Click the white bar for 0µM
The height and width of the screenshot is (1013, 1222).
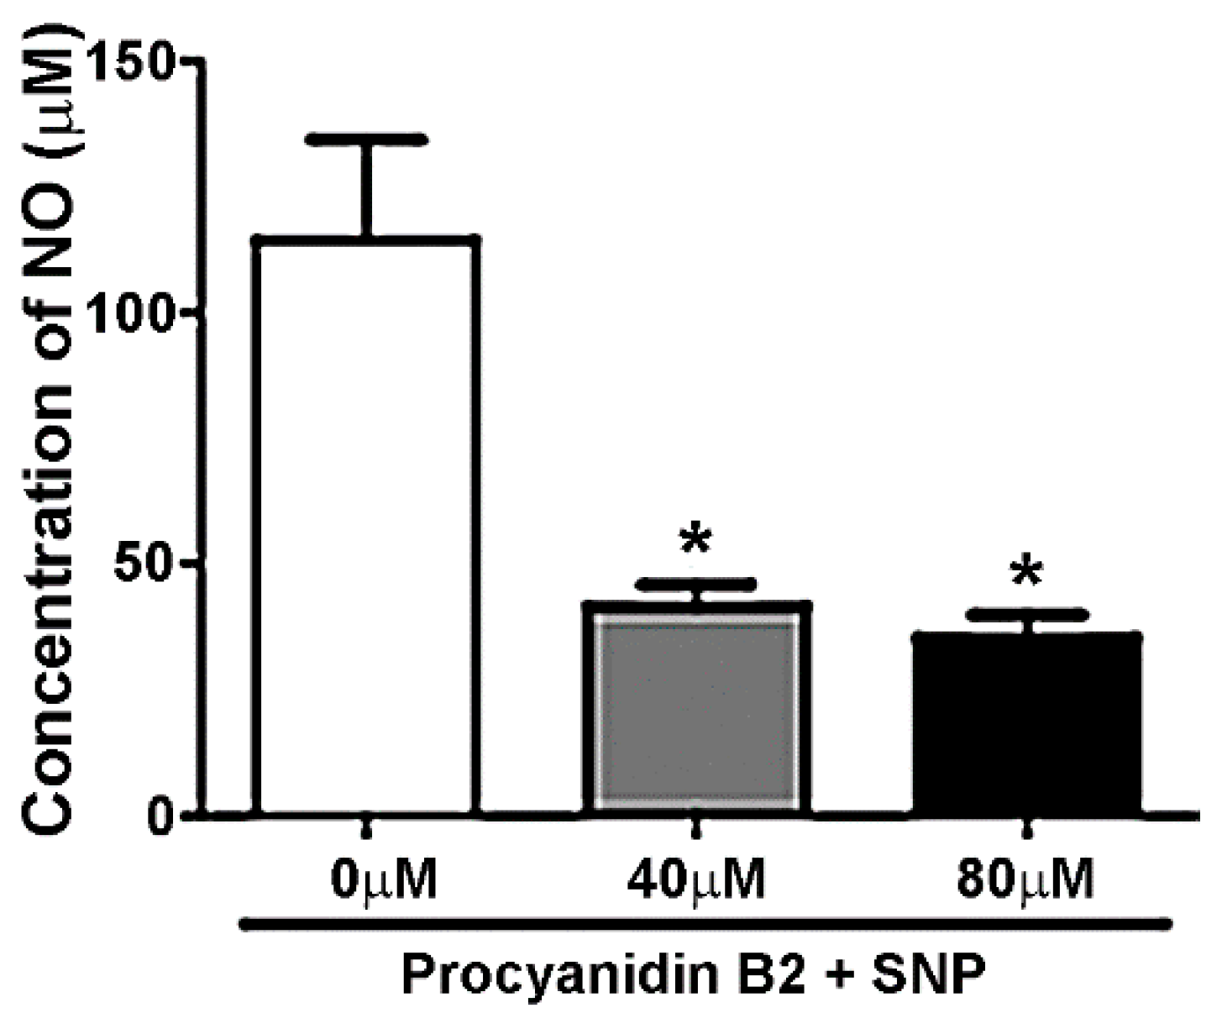368,525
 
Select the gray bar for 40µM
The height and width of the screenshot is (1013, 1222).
695,710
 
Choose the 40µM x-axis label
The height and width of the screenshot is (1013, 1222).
695,879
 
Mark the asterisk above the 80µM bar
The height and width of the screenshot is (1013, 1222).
1026,575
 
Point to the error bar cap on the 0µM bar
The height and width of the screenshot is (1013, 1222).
367,139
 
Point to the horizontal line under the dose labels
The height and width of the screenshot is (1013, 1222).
705,924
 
